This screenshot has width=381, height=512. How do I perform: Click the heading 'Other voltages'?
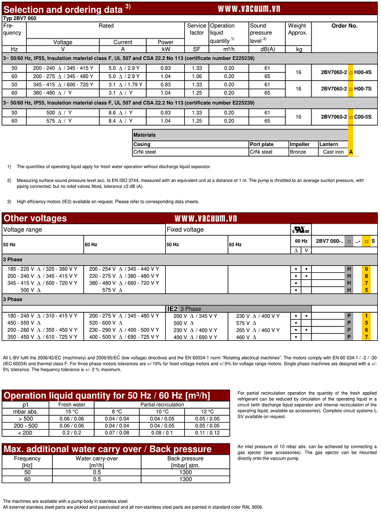click(35, 218)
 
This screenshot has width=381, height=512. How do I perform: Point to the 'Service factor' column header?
click(197, 29)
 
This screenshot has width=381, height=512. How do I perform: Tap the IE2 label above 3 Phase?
click(173, 309)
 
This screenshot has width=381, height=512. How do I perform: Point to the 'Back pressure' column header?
click(185, 458)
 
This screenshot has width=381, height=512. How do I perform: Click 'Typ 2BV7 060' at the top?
click(21, 18)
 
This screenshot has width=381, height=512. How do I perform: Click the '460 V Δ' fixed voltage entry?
click(247, 337)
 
